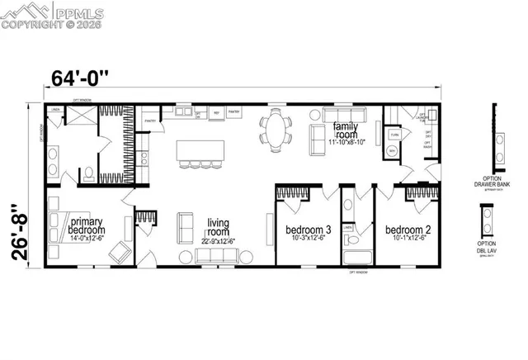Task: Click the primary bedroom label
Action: pos(88,225)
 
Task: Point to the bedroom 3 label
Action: pos(308,230)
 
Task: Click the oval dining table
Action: pos(276,130)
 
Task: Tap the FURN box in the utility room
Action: pos(394,134)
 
